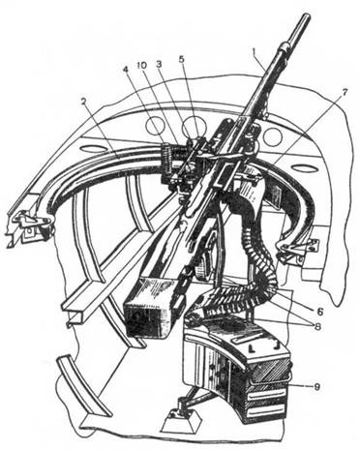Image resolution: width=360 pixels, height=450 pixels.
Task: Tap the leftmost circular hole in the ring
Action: (156, 125)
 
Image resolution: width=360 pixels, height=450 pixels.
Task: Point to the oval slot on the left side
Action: (92, 149)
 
